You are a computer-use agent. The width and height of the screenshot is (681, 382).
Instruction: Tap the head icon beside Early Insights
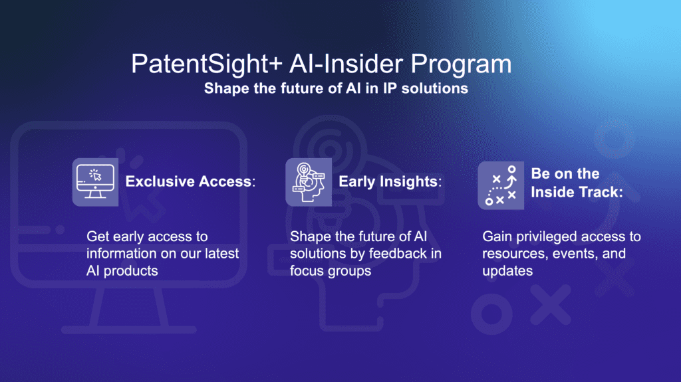pos(304,181)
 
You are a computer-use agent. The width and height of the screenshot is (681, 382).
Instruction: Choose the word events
pos(576,254)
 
